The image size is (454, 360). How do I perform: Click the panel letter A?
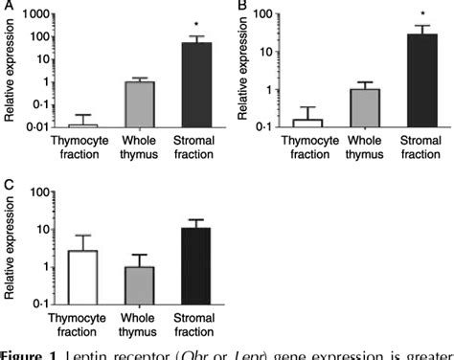[7, 7]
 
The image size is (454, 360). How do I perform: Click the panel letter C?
[8, 183]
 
